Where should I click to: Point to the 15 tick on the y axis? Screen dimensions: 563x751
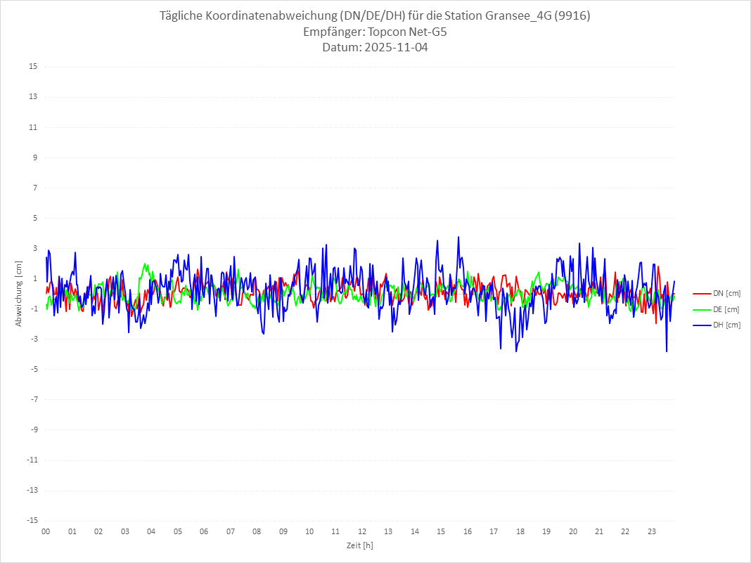click(33, 67)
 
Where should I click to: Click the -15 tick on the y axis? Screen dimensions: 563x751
click(32, 520)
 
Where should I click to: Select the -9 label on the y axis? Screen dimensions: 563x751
click(33, 429)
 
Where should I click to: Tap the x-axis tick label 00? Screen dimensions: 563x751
click(46, 531)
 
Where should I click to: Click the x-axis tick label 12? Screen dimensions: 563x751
click(362, 531)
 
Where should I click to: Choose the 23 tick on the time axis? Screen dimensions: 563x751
click(652, 531)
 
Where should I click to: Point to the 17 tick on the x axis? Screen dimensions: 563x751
click(494, 531)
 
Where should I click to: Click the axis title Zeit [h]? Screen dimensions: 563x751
click(359, 545)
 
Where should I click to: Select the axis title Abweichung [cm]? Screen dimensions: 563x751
click(19, 294)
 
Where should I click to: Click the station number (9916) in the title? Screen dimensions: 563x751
click(572, 15)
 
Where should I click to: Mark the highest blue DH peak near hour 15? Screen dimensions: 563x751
click(458, 237)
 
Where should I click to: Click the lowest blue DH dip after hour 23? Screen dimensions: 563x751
click(667, 351)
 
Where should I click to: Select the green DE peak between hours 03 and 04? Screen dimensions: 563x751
click(146, 264)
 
